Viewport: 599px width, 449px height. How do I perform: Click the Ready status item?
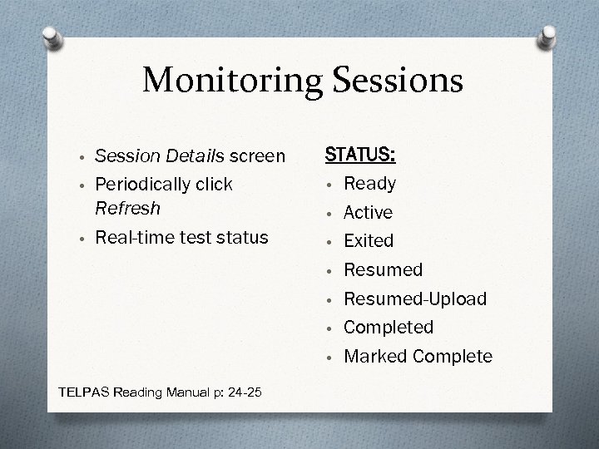click(x=370, y=184)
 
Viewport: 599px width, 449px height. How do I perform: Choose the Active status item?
click(x=368, y=213)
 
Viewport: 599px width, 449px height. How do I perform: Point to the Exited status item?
click(x=369, y=241)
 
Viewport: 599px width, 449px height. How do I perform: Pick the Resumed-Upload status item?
click(x=415, y=299)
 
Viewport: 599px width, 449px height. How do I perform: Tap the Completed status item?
click(x=389, y=328)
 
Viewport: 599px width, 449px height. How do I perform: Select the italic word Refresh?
click(x=127, y=208)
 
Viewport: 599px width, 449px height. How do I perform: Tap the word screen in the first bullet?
click(x=256, y=155)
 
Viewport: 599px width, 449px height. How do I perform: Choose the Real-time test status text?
click(x=181, y=237)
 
